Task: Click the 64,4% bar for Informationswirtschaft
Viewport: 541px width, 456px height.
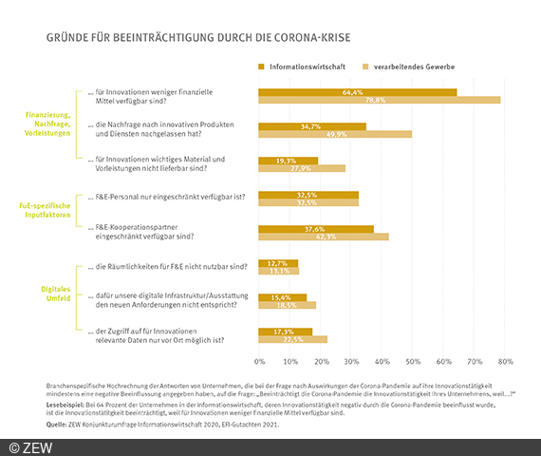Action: (x=358, y=92)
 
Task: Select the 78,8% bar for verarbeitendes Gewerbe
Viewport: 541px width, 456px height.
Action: (x=380, y=101)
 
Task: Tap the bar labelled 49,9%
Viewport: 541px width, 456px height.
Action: (x=335, y=135)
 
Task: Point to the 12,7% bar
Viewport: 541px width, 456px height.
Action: (x=278, y=263)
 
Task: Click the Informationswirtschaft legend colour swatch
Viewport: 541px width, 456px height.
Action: (x=263, y=67)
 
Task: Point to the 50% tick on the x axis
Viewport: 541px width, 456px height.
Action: (x=413, y=362)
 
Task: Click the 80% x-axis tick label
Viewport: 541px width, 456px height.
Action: (x=505, y=362)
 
